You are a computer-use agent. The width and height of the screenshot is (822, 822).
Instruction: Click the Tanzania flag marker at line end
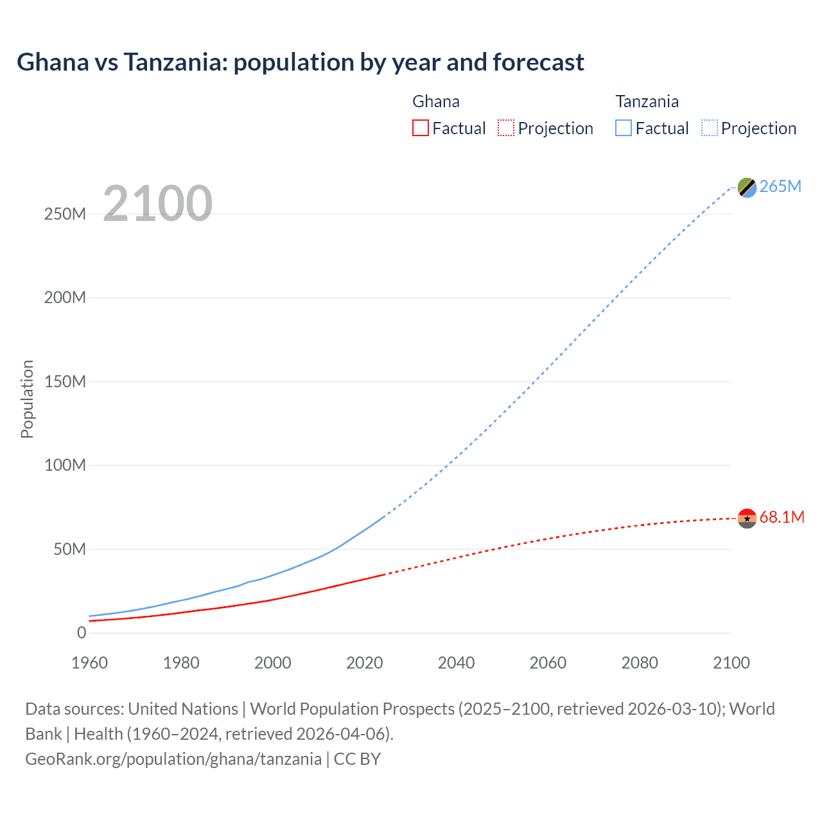[x=747, y=188]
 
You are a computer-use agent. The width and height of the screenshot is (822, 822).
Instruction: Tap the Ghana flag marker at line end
[x=747, y=518]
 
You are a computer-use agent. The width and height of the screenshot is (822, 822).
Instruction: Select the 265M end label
[x=780, y=187]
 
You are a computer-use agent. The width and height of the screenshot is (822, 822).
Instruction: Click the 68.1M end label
[x=782, y=518]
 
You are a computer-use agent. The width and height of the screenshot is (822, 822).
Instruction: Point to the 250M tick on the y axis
[x=65, y=214]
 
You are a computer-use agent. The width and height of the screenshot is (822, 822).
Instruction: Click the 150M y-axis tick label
[x=65, y=382]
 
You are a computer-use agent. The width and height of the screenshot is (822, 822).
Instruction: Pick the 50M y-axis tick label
[x=69, y=550]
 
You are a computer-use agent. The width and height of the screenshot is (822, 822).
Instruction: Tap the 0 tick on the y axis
[x=82, y=633]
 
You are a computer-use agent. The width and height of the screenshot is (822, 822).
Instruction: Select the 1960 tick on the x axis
[x=89, y=663]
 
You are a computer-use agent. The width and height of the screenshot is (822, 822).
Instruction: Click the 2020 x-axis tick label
[x=364, y=663]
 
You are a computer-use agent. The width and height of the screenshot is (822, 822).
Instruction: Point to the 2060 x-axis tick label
[x=548, y=663]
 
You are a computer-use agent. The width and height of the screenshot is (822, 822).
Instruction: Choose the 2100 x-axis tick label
[x=731, y=663]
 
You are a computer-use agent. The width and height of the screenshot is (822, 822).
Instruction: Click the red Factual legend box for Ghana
[x=421, y=128]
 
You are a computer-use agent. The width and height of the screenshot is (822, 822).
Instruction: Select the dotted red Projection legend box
[x=506, y=128]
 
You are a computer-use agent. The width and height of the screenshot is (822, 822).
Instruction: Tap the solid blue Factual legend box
[x=624, y=128]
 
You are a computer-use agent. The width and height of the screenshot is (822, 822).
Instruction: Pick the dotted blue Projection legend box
[x=710, y=128]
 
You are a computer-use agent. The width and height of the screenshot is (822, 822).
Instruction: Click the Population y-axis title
[x=27, y=399]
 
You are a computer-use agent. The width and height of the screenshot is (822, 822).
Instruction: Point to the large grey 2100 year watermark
[x=157, y=204]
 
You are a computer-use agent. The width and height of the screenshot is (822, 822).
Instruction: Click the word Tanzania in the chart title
[x=175, y=62]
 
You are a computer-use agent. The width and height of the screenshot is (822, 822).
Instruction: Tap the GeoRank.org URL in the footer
[x=173, y=759]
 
